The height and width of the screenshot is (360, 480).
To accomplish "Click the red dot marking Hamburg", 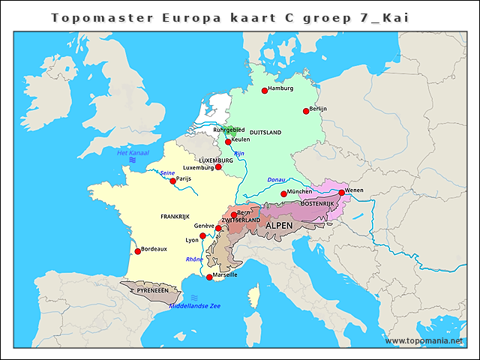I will click(265, 90).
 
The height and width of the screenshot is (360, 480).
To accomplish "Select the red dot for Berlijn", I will click(306, 111).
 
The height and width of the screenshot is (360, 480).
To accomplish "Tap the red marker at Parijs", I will click(172, 181).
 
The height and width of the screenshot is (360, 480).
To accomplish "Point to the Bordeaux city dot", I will click(137, 251).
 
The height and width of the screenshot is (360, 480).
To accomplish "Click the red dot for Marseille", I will click(209, 277).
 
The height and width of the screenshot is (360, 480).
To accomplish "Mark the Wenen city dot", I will click(341, 193).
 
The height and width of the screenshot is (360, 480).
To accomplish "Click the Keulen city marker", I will click(228, 141).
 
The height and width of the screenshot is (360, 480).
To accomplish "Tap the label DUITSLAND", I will click(265, 133).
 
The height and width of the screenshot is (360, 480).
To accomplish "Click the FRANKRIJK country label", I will click(175, 216).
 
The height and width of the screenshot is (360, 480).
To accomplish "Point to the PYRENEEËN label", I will click(154, 289).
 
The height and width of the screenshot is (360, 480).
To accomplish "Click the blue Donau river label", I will click(276, 180).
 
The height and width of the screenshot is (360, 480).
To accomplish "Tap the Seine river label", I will click(167, 173).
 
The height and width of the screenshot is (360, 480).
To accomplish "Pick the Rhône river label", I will click(194, 259).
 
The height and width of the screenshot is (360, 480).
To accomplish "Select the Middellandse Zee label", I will click(195, 306).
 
